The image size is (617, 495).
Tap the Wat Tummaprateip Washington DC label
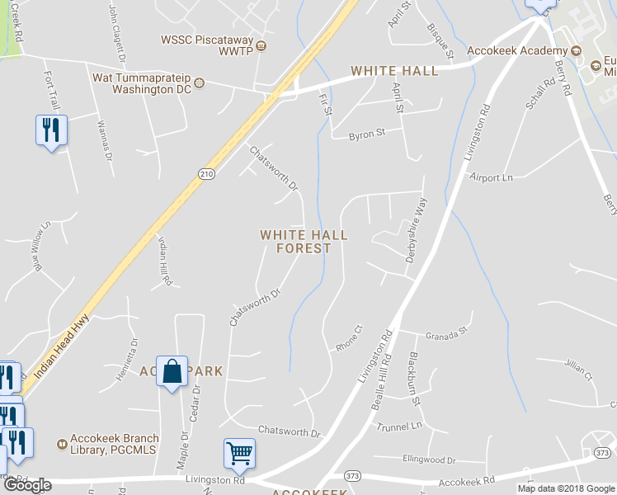[142, 83]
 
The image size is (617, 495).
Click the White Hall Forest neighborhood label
[304, 241]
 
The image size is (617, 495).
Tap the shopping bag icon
[172, 373]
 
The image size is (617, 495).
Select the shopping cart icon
[239, 453]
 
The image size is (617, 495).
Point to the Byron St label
[366, 132]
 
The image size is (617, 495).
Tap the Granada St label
[446, 335]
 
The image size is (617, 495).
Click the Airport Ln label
[491, 177]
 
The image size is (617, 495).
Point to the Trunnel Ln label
[399, 427]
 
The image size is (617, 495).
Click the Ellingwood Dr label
[429, 460]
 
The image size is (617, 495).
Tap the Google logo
[27, 485]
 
